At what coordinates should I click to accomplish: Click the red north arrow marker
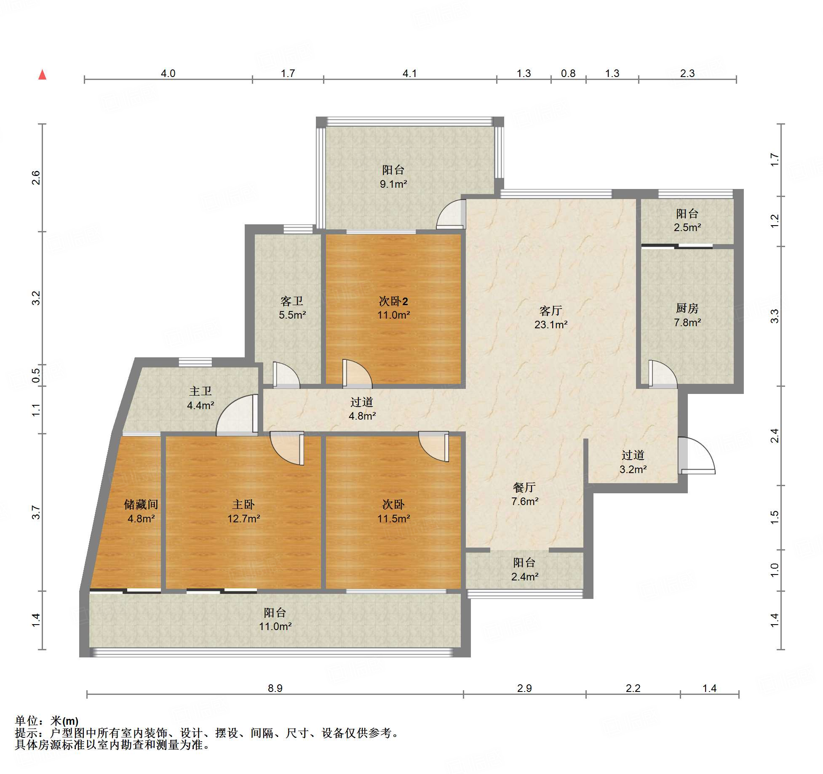[42, 74]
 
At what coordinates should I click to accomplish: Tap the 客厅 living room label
[550, 311]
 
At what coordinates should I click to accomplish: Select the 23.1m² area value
[551, 324]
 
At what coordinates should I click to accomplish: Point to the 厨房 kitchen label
[687, 309]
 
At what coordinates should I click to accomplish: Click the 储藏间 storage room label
[141, 504]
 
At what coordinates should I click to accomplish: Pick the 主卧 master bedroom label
[243, 504]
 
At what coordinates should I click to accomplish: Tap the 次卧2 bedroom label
[393, 301]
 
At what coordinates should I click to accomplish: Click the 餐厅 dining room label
[524, 487]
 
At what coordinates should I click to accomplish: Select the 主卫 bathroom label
[200, 391]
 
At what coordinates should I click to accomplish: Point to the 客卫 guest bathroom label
[292, 301]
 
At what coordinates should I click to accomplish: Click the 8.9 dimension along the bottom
[275, 688]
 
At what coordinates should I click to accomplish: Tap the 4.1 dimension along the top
[409, 74]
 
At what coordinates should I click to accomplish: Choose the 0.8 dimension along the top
[568, 74]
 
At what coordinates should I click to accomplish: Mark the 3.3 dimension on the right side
[775, 316]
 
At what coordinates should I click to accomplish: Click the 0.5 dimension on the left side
[36, 375]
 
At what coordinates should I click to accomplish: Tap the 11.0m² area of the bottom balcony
[275, 626]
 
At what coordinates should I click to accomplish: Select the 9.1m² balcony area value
[393, 184]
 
